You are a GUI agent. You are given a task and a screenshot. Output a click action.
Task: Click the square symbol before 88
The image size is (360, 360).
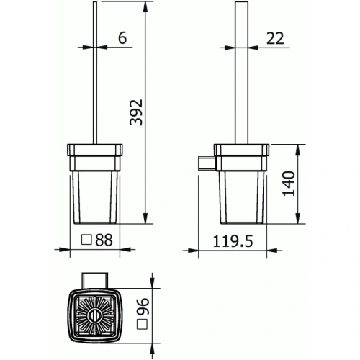tap(86, 241)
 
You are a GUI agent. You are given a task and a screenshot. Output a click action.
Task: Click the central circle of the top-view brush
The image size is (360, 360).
tap(95, 315)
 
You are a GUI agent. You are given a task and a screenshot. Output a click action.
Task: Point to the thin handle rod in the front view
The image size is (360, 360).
tap(94, 72)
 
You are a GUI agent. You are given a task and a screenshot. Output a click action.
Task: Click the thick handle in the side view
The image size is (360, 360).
tap(241, 72)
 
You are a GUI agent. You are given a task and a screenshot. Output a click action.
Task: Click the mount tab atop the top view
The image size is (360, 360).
tap(95, 278)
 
